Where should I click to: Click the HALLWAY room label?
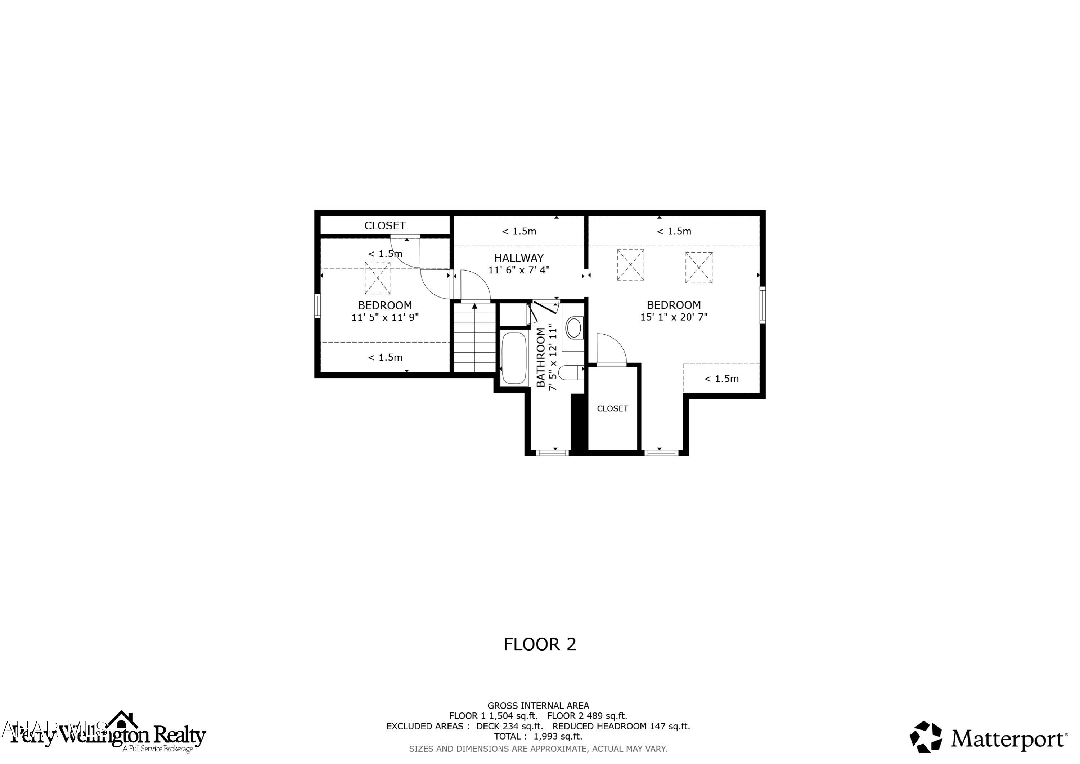coord(518,258)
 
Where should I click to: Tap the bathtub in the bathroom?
coord(513,358)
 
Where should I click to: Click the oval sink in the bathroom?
coord(573,328)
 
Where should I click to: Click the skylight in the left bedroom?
coord(377,278)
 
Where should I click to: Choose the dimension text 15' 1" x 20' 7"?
coord(673,317)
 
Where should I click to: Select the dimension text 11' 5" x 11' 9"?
coord(385,318)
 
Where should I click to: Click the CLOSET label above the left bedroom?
coord(385,225)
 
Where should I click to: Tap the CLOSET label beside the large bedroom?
coord(612,408)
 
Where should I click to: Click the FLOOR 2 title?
coord(540,644)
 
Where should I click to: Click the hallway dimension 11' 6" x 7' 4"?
coord(518,270)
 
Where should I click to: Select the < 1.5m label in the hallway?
coord(518,232)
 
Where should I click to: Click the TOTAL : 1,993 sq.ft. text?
coord(537,736)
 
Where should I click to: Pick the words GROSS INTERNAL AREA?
coord(537,706)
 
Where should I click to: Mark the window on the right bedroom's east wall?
coord(762,305)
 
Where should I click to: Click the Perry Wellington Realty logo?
coord(108,735)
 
